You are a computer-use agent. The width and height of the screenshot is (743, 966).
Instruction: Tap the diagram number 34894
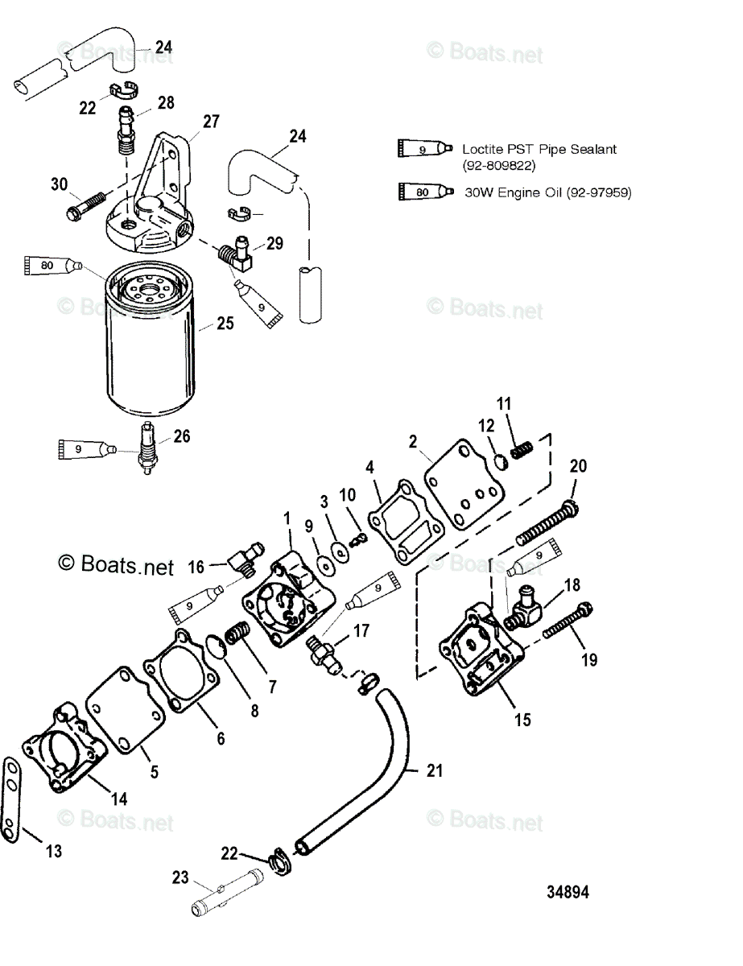pyautogui.click(x=568, y=893)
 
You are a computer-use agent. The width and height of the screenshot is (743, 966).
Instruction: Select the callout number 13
pyautogui.click(x=53, y=851)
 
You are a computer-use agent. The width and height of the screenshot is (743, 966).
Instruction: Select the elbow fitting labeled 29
pyautogui.click(x=235, y=256)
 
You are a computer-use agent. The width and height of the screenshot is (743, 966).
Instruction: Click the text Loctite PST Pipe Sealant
pyautogui.click(x=528, y=149)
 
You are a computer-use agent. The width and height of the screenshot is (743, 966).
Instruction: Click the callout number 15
pyautogui.click(x=522, y=719)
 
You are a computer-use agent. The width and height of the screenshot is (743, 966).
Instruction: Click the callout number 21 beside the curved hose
pyautogui.click(x=435, y=771)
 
